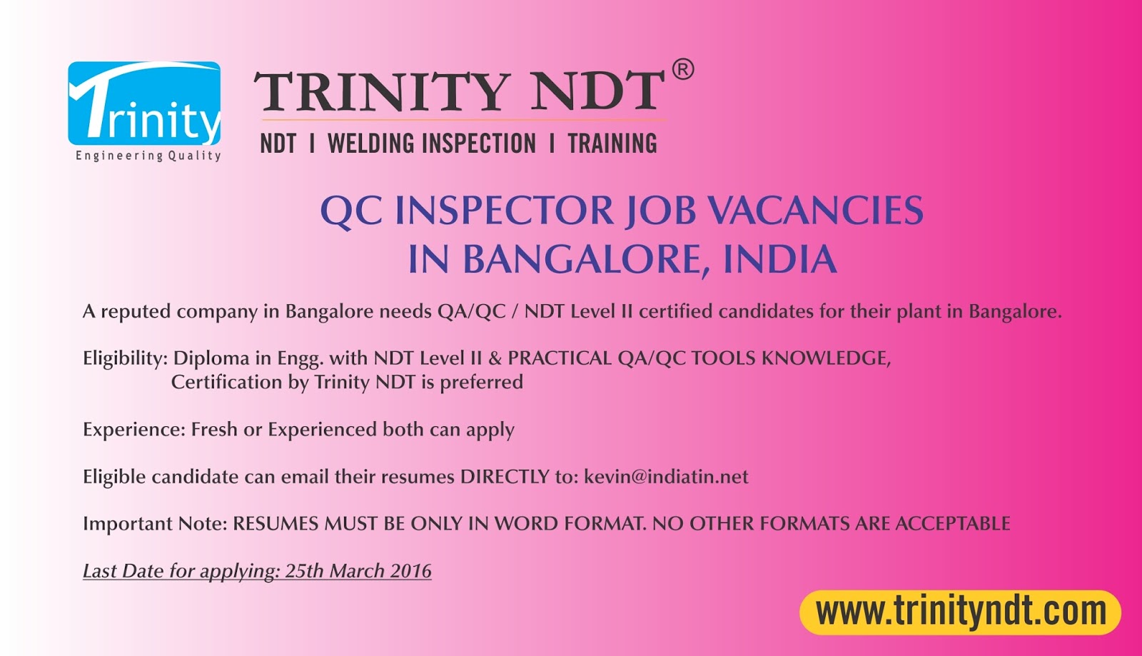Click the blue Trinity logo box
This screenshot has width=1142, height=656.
click(x=144, y=104)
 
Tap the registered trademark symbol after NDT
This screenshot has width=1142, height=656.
click(x=682, y=70)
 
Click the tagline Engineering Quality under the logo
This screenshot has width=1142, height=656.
click(x=148, y=156)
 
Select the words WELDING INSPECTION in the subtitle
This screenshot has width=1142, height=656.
click(x=431, y=143)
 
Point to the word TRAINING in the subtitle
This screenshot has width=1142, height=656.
click(x=612, y=143)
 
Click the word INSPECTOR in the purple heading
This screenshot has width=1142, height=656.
click(x=504, y=210)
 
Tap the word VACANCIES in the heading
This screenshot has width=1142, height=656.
click(x=817, y=210)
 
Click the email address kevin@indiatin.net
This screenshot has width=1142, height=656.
click(x=666, y=477)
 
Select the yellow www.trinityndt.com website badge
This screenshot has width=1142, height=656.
click(x=961, y=612)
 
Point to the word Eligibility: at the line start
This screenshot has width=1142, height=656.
click(x=126, y=359)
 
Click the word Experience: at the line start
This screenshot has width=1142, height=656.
click(x=134, y=430)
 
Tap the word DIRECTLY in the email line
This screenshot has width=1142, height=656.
click(x=504, y=477)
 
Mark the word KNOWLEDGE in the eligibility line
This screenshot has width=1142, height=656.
click(x=826, y=359)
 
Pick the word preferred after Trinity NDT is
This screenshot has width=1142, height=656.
click(x=482, y=383)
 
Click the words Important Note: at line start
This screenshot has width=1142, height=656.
click(x=155, y=524)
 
